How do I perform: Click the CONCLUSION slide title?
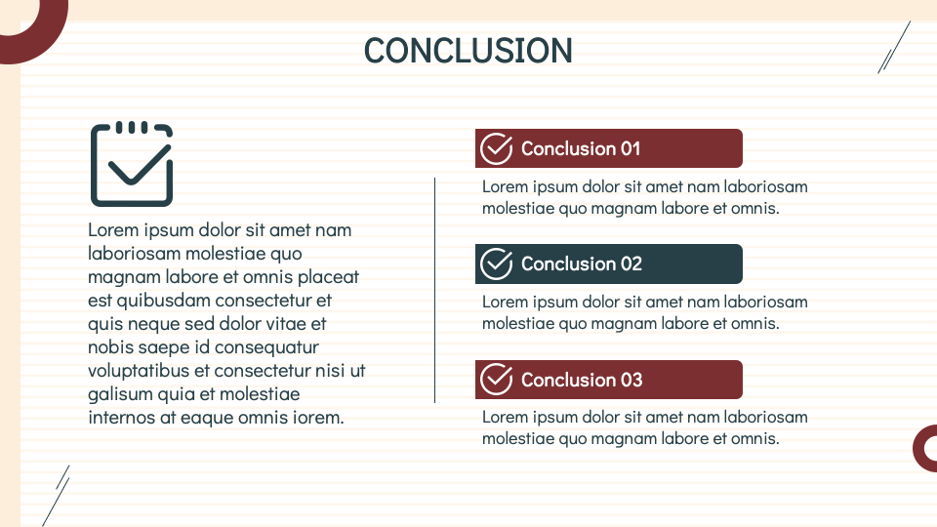point(468,51)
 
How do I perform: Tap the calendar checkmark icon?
point(132,164)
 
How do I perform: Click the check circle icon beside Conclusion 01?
point(497,148)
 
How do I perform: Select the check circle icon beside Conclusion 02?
point(497,264)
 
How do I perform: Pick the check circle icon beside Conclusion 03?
point(497,380)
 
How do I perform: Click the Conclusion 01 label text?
point(580,148)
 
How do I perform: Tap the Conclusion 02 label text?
point(582,264)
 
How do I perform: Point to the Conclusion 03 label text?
point(582,380)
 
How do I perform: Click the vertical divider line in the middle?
point(434,290)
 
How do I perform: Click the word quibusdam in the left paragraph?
point(163,301)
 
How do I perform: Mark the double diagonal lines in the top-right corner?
point(894,48)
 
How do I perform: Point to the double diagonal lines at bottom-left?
point(56,496)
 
